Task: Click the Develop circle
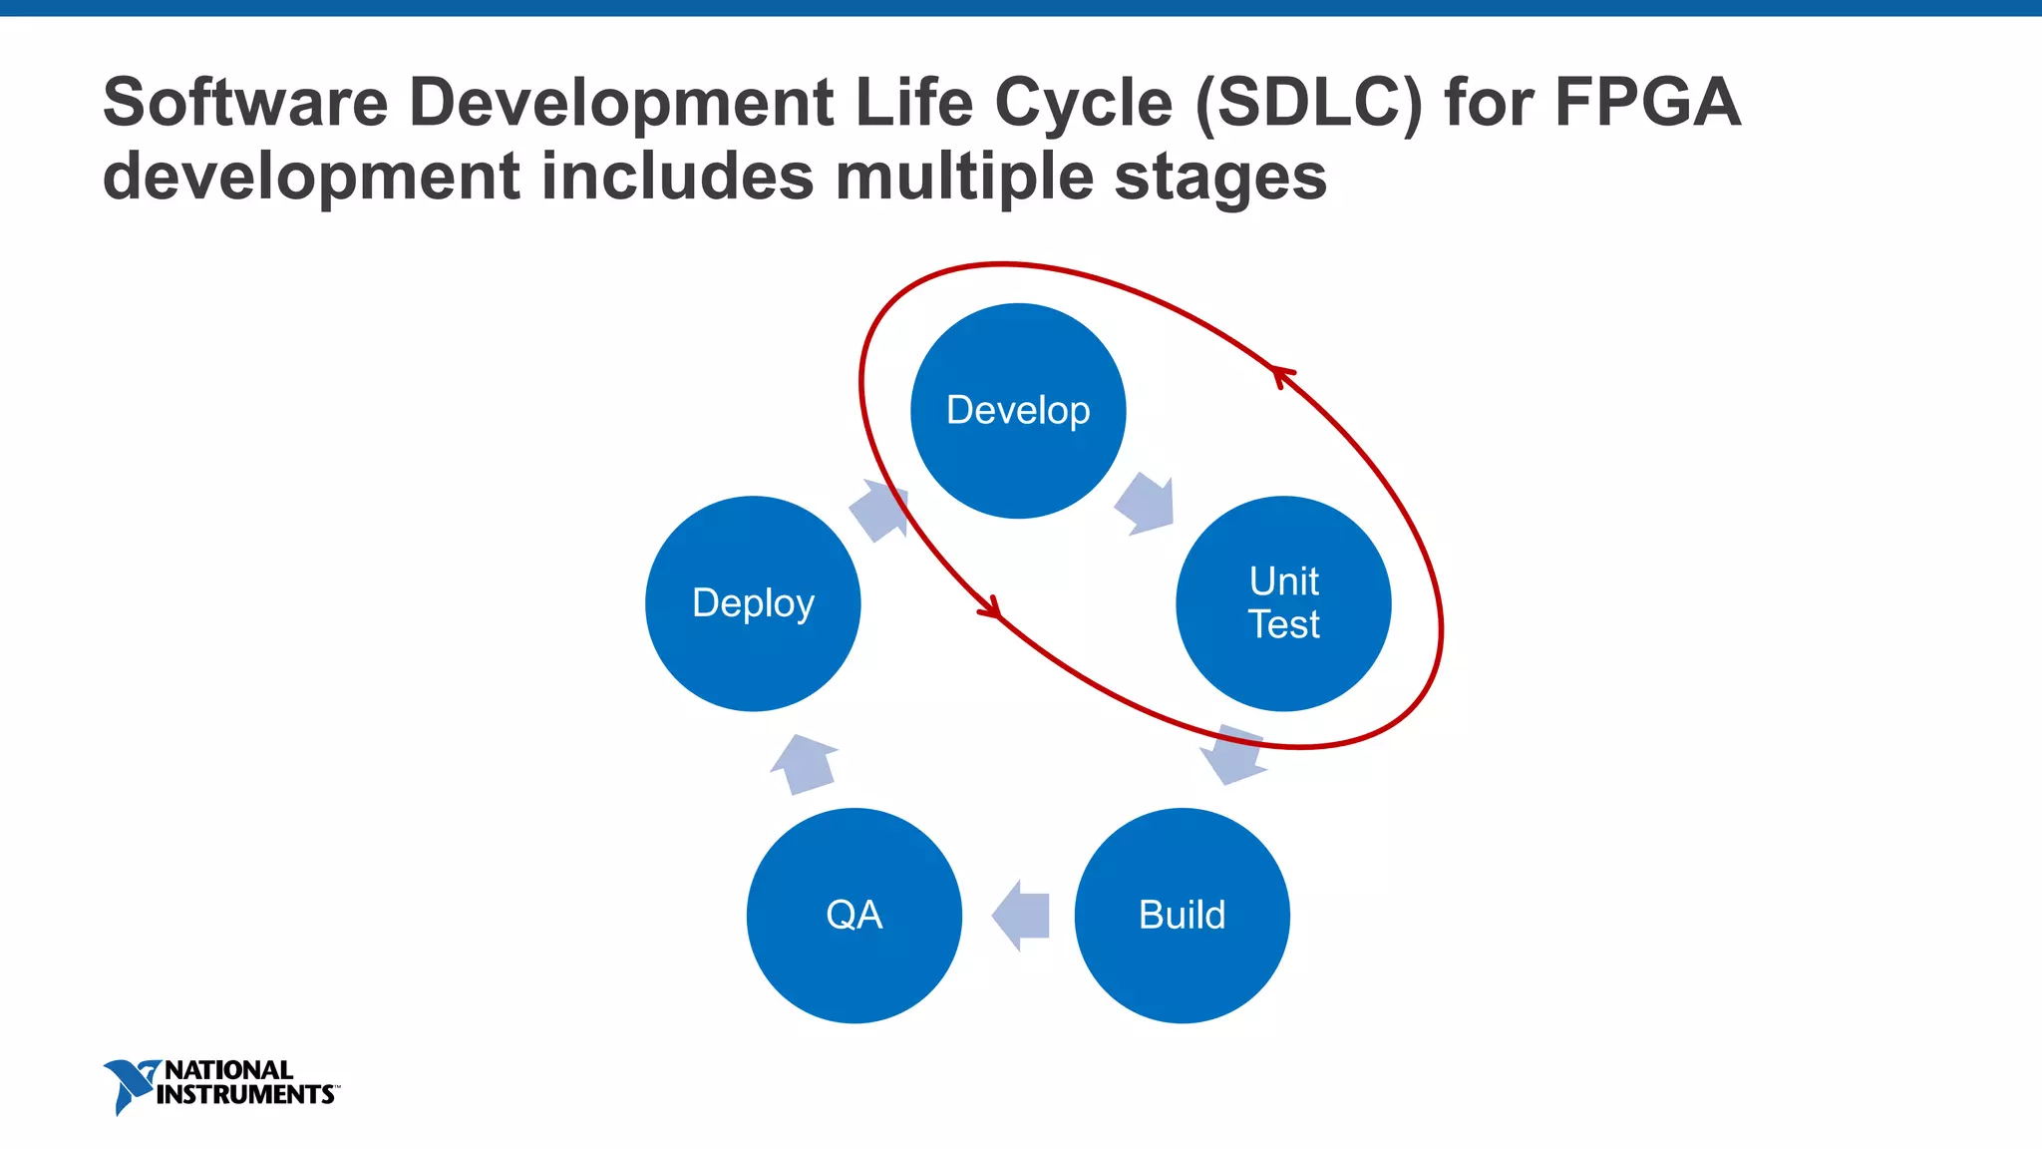point(1018,411)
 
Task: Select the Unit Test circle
point(1283,603)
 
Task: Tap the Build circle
point(1182,915)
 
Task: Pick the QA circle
point(853,915)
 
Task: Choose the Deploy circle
point(753,603)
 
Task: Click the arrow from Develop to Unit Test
point(1146,504)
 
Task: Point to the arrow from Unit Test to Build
point(1234,755)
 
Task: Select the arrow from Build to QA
point(1022,915)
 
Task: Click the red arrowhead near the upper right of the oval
point(1282,375)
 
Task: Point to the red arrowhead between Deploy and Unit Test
point(990,607)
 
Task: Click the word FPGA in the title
point(1647,102)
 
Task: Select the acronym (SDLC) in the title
point(1309,102)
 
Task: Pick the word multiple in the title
point(965,178)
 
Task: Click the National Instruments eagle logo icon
point(130,1085)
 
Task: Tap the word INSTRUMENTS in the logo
point(245,1095)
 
